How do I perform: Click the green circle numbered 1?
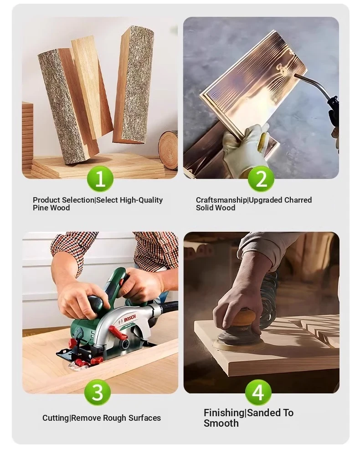point(100,179)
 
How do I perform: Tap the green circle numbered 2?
point(261,179)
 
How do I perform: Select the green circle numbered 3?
point(98,392)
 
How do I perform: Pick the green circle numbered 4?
point(258,392)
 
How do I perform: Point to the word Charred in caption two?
point(298,200)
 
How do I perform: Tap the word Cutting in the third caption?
point(56,418)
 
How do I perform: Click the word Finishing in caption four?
point(224,413)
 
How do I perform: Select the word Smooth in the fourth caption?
point(221,423)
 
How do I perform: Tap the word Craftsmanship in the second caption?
point(221,200)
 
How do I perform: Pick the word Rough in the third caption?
point(115,418)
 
